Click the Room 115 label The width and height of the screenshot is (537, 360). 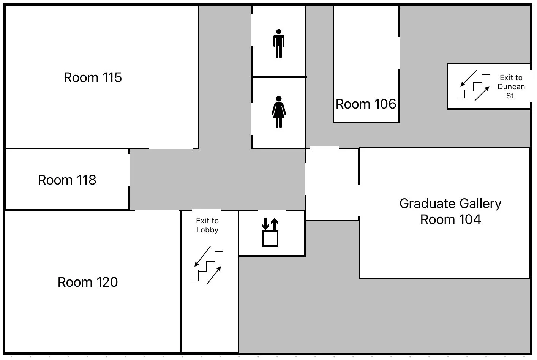(93, 77)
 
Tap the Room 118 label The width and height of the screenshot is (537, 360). (67, 180)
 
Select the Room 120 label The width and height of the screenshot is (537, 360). (87, 282)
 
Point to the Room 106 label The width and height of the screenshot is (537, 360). (366, 104)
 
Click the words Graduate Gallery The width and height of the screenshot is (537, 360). (450, 204)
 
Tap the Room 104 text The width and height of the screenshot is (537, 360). (450, 219)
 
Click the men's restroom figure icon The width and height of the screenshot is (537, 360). (279, 44)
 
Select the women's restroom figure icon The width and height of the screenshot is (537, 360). (279, 112)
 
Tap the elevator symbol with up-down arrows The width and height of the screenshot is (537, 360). (270, 232)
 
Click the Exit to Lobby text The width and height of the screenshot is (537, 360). (207, 225)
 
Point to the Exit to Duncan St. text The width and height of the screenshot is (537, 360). (511, 87)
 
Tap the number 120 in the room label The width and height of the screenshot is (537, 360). (106, 282)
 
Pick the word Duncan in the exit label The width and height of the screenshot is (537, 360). (511, 87)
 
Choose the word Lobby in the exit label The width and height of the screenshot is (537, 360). (207, 230)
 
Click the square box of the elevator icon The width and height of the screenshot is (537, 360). (270, 238)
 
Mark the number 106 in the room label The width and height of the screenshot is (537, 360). (385, 104)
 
